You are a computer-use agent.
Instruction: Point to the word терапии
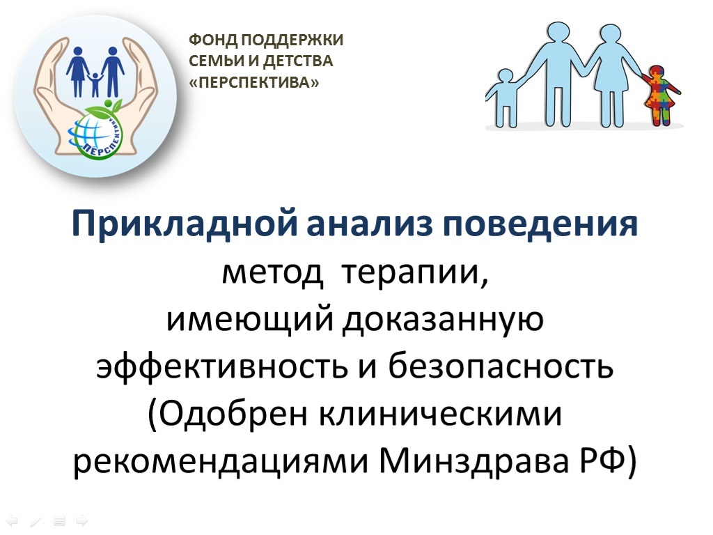pyautogui.click(x=415, y=274)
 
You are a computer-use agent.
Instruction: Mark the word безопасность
pyautogui.click(x=500, y=366)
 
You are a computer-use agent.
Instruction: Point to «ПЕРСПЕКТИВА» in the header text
pyautogui.click(x=253, y=82)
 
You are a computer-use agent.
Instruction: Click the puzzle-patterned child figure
pyautogui.click(x=661, y=95)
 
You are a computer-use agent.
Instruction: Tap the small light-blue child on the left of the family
pyautogui.click(x=503, y=98)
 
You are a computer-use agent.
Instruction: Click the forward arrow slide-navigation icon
pyautogui.click(x=82, y=520)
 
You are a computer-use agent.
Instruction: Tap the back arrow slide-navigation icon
pyautogui.click(x=13, y=520)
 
